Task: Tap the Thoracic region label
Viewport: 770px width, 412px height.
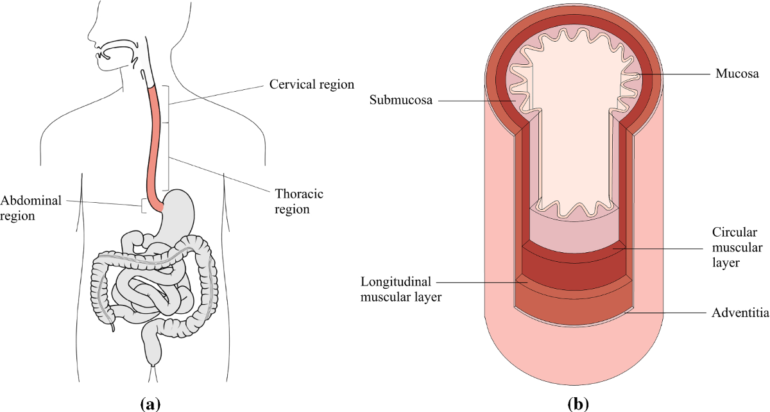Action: click(299, 201)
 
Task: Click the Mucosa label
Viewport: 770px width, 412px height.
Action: click(737, 74)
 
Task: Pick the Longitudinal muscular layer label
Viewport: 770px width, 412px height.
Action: click(401, 289)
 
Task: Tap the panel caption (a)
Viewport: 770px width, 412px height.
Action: click(150, 404)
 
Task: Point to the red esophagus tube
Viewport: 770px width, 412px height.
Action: click(156, 141)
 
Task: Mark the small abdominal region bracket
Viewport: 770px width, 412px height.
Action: click(143, 206)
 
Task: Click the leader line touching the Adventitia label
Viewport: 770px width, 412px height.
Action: click(667, 313)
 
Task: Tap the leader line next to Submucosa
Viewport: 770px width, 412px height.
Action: click(475, 100)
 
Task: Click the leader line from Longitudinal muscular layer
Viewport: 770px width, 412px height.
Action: click(481, 281)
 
